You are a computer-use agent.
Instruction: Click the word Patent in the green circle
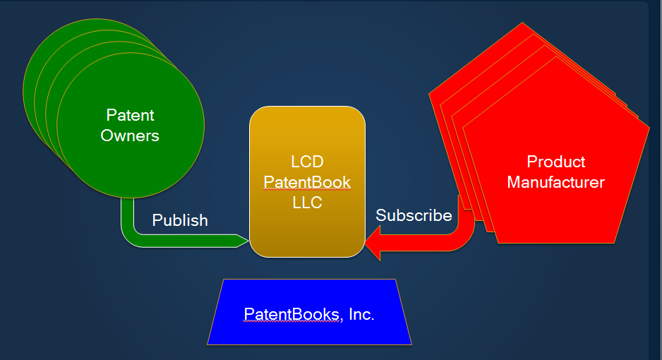pyautogui.click(x=130, y=115)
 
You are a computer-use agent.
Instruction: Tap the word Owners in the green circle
pyautogui.click(x=130, y=136)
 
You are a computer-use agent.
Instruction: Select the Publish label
pyautogui.click(x=180, y=220)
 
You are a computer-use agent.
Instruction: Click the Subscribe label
pyautogui.click(x=414, y=215)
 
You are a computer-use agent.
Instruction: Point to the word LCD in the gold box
pyautogui.click(x=308, y=162)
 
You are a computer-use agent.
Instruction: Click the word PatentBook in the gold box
pyautogui.click(x=308, y=182)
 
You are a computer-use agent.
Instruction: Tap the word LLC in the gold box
pyautogui.click(x=308, y=203)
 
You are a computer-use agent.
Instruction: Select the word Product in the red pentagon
pyautogui.click(x=556, y=162)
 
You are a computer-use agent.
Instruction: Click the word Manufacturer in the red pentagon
pyautogui.click(x=556, y=182)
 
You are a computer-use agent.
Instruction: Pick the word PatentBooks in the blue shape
pyautogui.click(x=291, y=314)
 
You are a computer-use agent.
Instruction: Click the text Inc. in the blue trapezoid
pyautogui.click(x=361, y=314)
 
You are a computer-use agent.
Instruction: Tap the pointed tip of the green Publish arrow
pyautogui.click(x=248, y=241)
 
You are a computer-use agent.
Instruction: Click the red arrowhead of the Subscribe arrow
pyautogui.click(x=373, y=243)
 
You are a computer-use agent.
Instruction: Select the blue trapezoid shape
pyautogui.click(x=309, y=312)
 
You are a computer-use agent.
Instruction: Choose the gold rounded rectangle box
pyautogui.click(x=308, y=181)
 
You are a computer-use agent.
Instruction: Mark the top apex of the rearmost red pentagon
pyautogui.click(x=522, y=23)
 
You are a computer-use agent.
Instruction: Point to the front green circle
pyautogui.click(x=131, y=126)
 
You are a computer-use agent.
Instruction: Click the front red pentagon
pyautogui.click(x=556, y=160)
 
